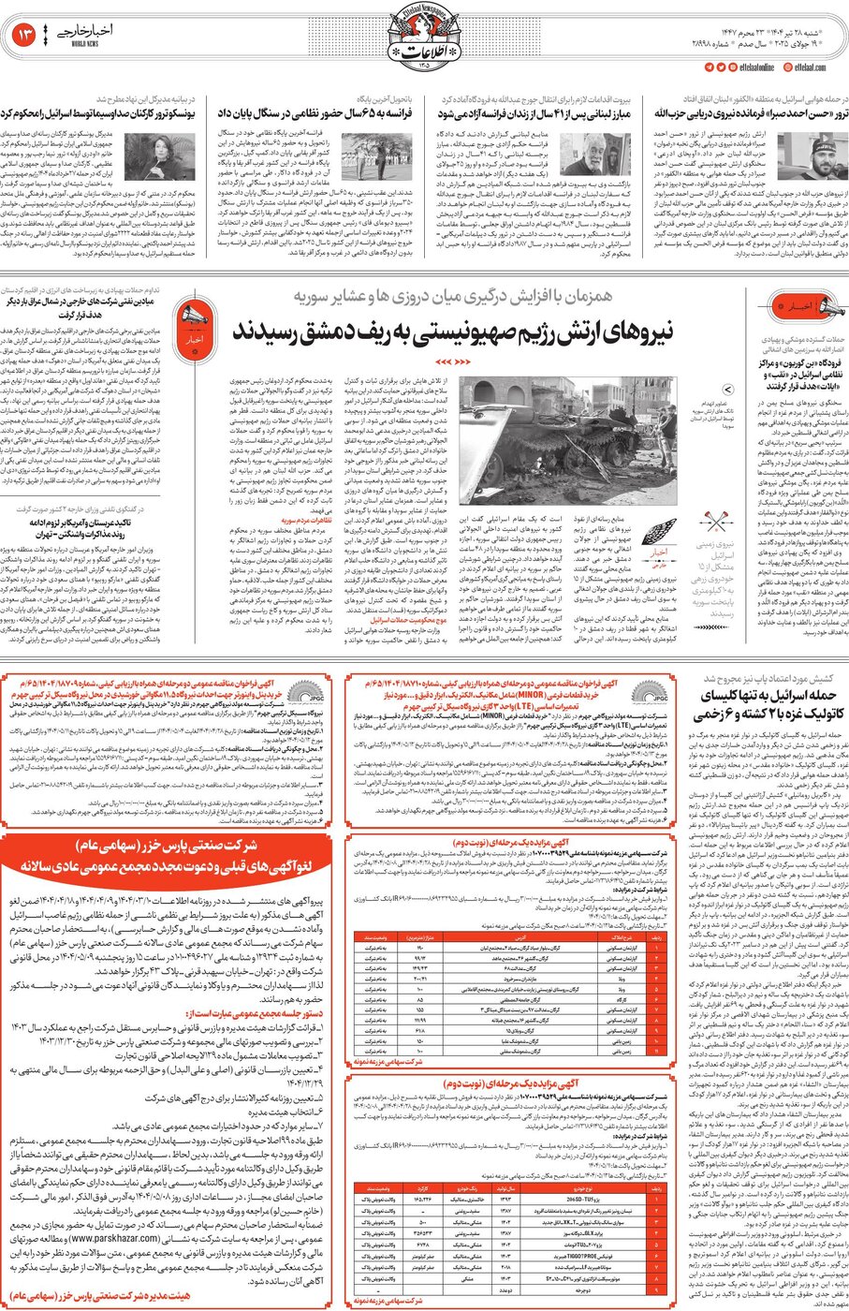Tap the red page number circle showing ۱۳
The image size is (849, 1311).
click(x=25, y=37)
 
